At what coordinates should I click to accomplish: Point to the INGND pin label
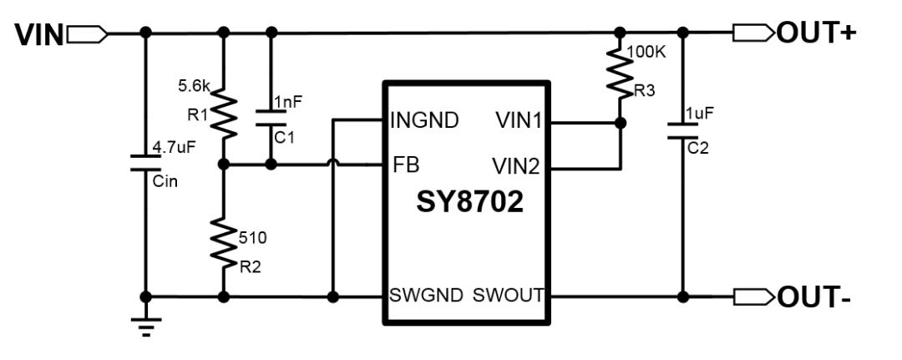[424, 121]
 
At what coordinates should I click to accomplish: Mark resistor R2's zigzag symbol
[224, 242]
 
